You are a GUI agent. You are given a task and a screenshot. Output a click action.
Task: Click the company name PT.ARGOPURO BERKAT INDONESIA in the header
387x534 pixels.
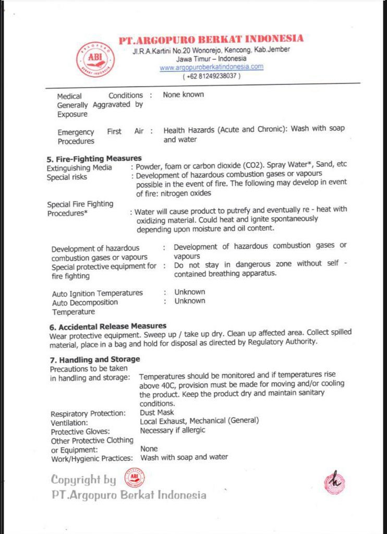coord(211,39)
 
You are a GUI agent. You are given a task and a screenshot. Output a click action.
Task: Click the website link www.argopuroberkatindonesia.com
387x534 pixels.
coord(211,67)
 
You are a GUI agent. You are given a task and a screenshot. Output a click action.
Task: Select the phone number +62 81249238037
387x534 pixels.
coord(211,76)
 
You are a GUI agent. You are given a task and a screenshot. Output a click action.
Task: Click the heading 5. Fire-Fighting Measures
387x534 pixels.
coord(94,158)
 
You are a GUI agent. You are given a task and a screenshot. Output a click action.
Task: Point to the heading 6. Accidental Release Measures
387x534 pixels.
coord(107,326)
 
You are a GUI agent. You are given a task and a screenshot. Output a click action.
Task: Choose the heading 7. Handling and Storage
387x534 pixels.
coord(94,359)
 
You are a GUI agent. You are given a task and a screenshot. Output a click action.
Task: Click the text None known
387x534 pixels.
coord(183,94)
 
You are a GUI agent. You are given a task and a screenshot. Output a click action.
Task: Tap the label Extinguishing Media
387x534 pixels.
coord(79,168)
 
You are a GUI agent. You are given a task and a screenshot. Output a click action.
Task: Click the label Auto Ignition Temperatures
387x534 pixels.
coord(97,293)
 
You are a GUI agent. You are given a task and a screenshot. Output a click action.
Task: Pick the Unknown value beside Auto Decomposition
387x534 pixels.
coord(190,301)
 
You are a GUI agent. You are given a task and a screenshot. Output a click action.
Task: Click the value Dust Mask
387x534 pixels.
coord(157,412)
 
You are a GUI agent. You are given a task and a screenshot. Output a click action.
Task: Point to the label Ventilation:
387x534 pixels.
coord(69,422)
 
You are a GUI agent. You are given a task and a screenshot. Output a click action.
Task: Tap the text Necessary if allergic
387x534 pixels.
coord(173,430)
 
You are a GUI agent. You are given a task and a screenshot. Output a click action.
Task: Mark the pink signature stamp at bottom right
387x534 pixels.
coord(334,482)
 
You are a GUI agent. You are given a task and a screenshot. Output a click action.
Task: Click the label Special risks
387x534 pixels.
coord(67,177)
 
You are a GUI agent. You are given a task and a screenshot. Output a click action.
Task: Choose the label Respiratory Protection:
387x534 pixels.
coord(88,414)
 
